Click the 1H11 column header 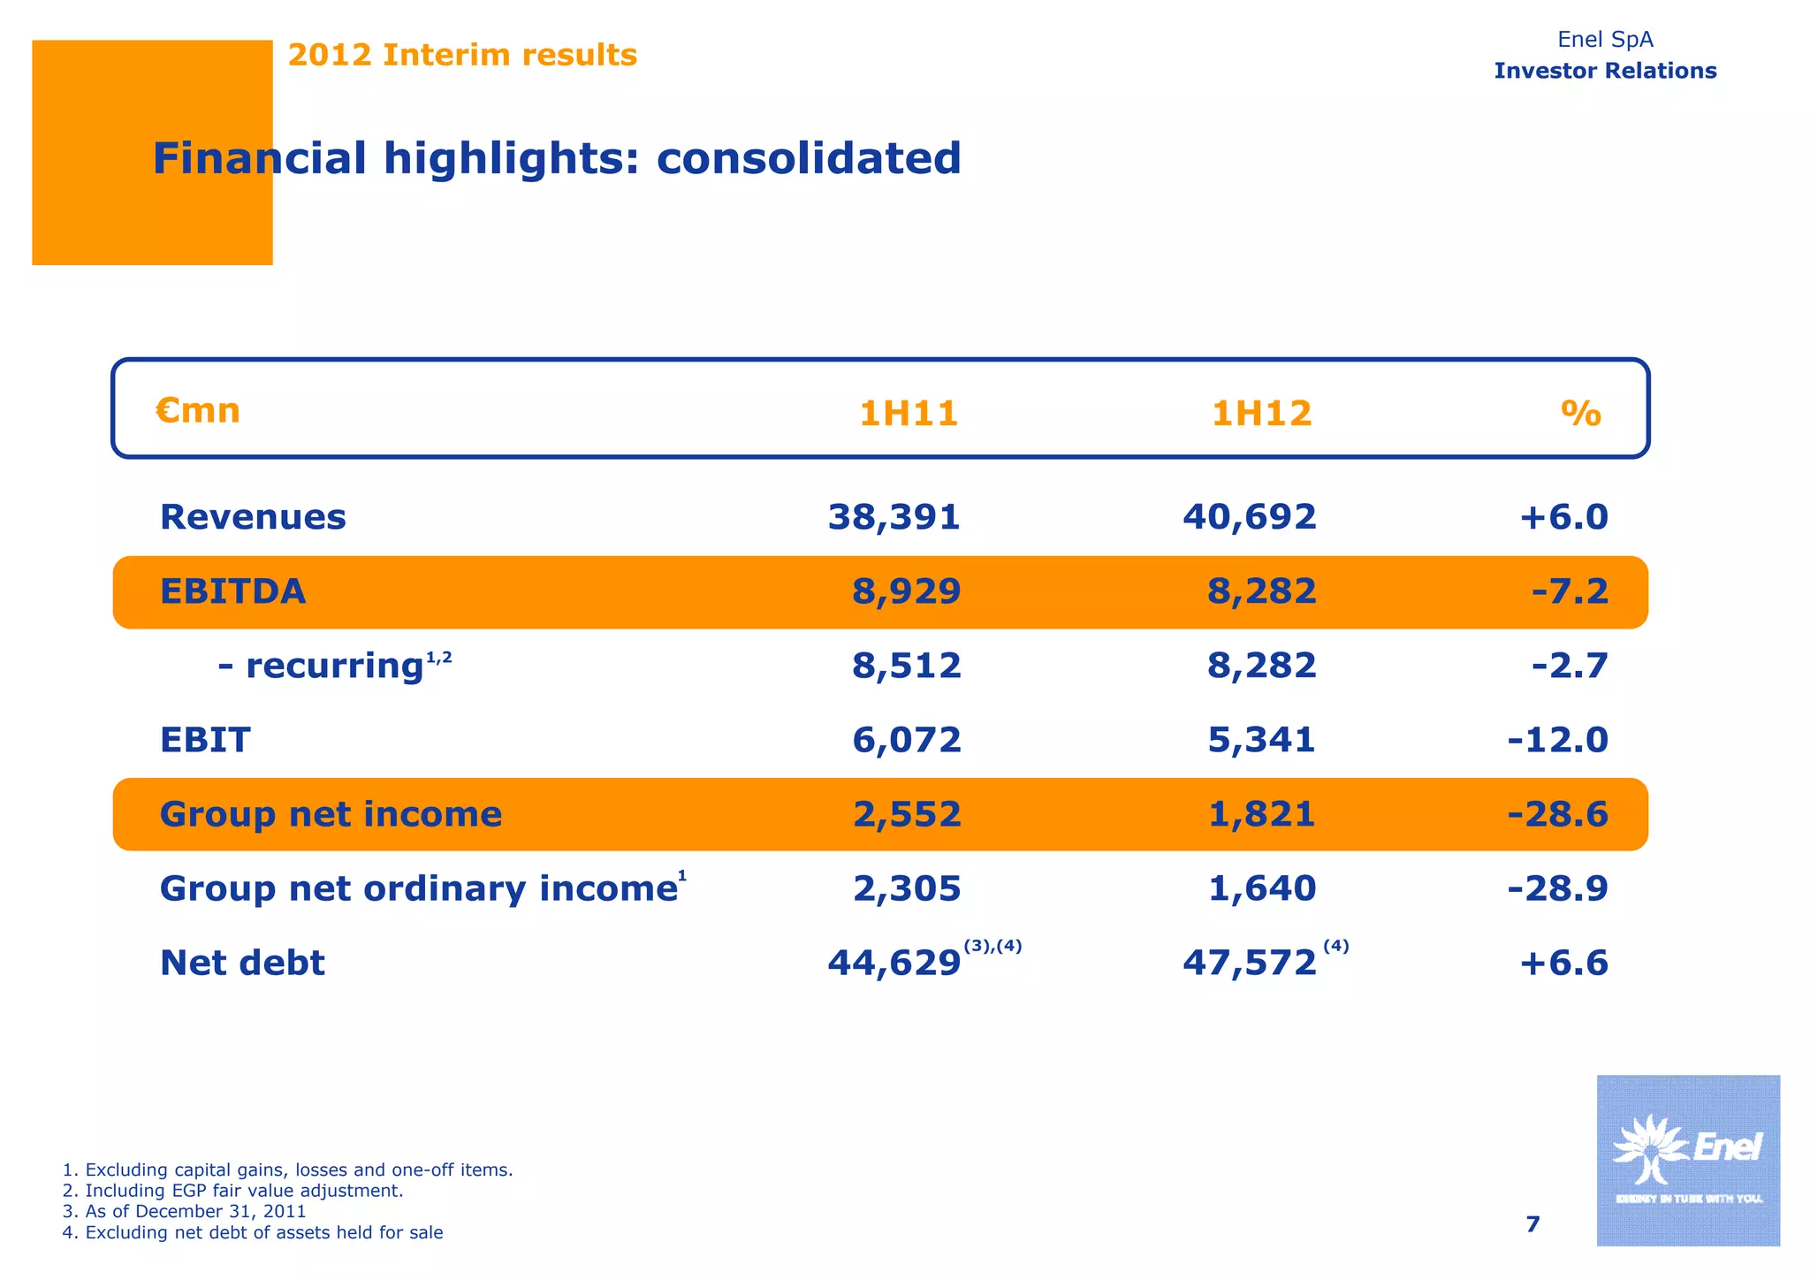tap(909, 414)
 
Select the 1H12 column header tap(1261, 414)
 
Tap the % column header tap(1580, 413)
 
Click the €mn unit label tap(198, 411)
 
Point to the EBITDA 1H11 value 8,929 tap(906, 591)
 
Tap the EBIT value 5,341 tap(1261, 739)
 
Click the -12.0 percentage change tap(1557, 739)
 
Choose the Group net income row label tap(331, 813)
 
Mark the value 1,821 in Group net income tap(1261, 813)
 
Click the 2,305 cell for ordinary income tap(906, 888)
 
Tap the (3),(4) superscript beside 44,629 tap(992, 946)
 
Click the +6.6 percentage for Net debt tap(1563, 962)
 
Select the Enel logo tap(1687, 1160)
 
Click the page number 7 tap(1532, 1224)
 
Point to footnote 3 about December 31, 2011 tap(185, 1211)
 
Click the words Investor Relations tap(1604, 71)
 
